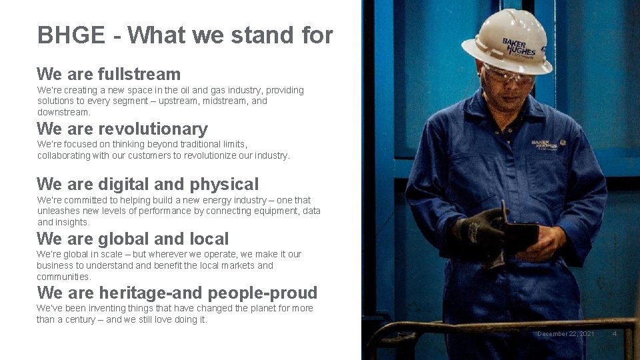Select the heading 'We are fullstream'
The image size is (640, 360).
click(109, 74)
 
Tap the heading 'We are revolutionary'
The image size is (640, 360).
click(122, 129)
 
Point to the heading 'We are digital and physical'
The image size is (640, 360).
click(147, 184)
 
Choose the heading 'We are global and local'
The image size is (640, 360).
click(133, 239)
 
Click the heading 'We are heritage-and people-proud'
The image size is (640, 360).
click(177, 293)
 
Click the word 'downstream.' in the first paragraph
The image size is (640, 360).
click(64, 112)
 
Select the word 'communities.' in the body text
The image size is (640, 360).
click(64, 277)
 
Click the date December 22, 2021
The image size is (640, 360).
click(565, 333)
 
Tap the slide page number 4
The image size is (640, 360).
click(614, 333)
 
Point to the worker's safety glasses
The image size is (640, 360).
click(509, 75)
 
